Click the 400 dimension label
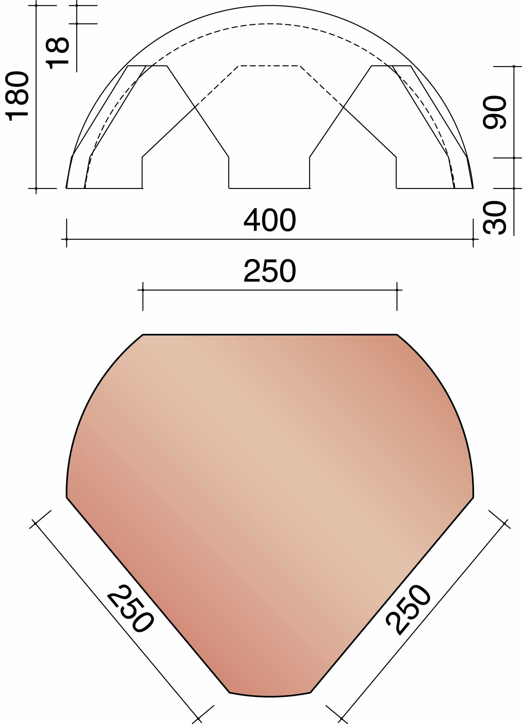tap(270, 220)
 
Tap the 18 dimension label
tap(58, 53)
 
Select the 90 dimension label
tap(495, 112)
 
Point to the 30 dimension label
tap(495, 217)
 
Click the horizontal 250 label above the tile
tap(270, 271)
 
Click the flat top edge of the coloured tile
tap(270, 335)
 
